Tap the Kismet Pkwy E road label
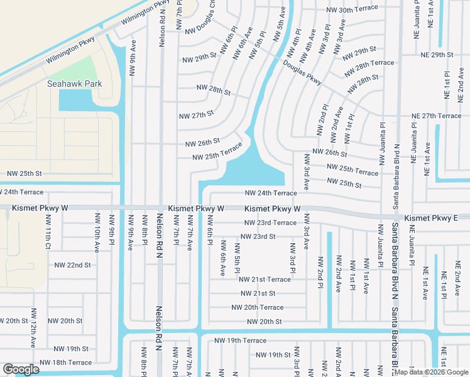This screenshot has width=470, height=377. (432, 218)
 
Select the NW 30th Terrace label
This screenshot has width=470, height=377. (352, 10)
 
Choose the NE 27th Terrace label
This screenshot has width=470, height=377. (436, 116)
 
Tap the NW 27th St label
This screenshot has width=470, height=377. (197, 116)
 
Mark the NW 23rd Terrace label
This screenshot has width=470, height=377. (270, 223)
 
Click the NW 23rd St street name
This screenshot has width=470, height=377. (259, 237)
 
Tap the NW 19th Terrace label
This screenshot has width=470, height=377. (240, 341)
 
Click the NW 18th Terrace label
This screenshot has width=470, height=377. (66, 363)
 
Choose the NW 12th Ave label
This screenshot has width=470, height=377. (33, 328)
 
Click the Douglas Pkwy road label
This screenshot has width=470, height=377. (302, 74)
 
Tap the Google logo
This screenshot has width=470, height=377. (21, 369)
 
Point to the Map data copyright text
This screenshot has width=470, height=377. (431, 372)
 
